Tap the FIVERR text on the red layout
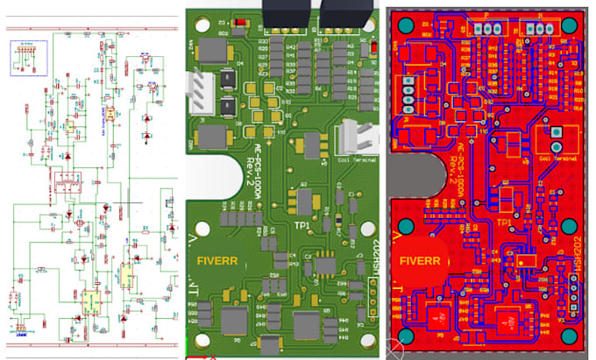click(x=418, y=260)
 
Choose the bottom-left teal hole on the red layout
click(x=407, y=336)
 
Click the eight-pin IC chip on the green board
click(x=326, y=261)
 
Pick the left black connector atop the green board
click(x=280, y=14)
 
